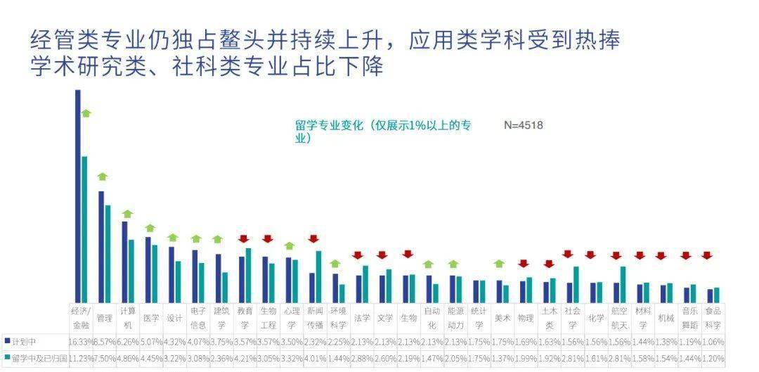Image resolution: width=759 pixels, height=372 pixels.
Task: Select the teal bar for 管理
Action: [x=108, y=253]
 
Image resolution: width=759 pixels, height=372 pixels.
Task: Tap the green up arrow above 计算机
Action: [x=127, y=214]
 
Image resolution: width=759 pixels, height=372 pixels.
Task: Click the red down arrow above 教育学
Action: [x=244, y=239]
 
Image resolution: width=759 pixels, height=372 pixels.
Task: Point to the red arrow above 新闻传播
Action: [x=313, y=239]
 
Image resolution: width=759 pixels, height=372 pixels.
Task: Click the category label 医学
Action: [x=151, y=318]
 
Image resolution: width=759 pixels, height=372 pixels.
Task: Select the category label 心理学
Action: [x=292, y=318]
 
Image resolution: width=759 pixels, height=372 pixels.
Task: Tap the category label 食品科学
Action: [x=713, y=318]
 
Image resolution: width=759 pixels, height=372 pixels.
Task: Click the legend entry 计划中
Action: [x=25, y=341]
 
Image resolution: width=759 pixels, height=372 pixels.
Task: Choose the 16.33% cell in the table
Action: [x=81, y=341]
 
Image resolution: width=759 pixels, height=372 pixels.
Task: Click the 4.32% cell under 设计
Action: [x=174, y=341]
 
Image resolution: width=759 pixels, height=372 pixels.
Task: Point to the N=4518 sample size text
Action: [x=524, y=125]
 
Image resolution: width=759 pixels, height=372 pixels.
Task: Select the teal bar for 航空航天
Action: [x=623, y=283]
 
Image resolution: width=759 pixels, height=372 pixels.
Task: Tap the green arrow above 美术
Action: [x=499, y=264]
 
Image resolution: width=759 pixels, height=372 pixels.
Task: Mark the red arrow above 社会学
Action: [x=568, y=254]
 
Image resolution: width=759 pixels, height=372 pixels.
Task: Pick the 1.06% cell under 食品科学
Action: [x=713, y=341]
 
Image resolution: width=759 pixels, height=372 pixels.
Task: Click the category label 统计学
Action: [x=479, y=318]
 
